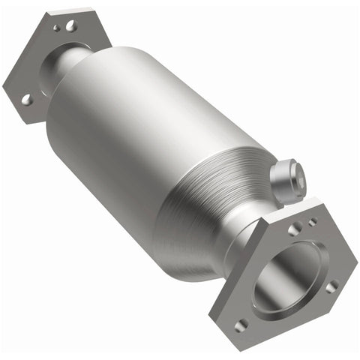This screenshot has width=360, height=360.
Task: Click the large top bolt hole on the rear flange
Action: point(70,26)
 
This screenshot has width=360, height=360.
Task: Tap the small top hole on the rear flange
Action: point(56,28)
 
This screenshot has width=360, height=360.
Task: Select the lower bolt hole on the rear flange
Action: point(26,98)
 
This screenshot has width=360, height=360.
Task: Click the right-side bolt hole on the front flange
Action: point(331,286)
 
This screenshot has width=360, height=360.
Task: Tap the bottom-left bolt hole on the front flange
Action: point(241,324)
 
